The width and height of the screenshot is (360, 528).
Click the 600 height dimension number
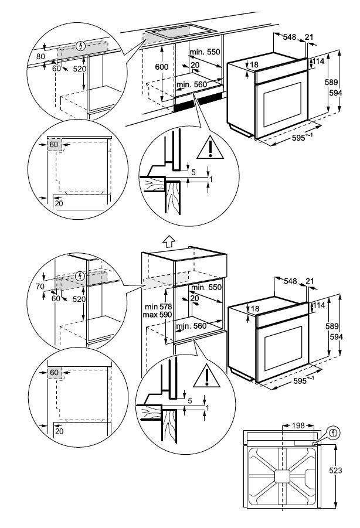tap(162, 67)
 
